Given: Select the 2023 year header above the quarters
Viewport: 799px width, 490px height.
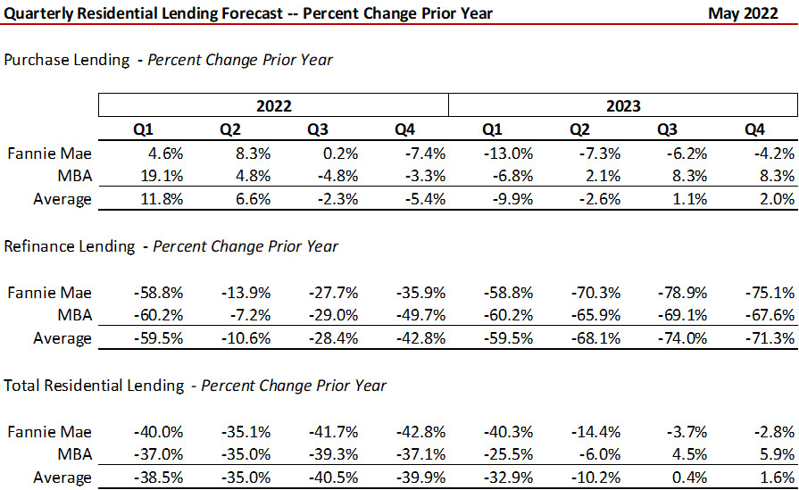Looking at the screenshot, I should tap(623, 105).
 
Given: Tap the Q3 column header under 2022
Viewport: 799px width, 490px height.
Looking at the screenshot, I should tap(317, 129).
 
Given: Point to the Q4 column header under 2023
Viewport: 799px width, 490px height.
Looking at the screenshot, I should tap(753, 129).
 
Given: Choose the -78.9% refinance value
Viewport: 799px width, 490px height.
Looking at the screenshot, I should tap(685, 292).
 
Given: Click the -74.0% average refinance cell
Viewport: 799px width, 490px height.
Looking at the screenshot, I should tap(685, 338).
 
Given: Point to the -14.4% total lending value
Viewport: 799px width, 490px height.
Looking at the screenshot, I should tap(598, 431).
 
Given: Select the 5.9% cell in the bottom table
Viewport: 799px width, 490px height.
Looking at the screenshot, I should tap(777, 454).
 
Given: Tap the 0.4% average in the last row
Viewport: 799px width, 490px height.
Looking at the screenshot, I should tap(692, 478).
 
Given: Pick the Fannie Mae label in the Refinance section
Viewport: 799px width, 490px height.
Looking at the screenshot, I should tap(50, 292).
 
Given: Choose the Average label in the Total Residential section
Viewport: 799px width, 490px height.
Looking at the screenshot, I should tap(62, 478).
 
